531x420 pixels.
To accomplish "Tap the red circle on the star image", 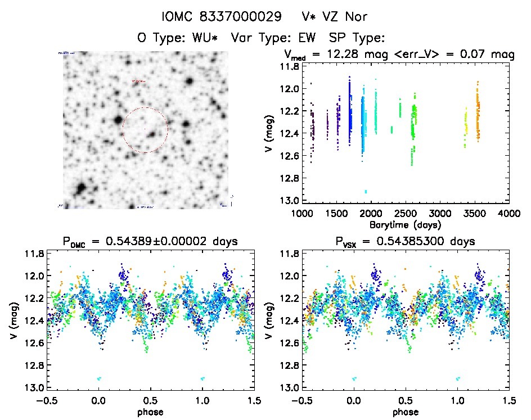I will [x=145, y=130].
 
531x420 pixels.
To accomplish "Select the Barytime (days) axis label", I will [x=405, y=224].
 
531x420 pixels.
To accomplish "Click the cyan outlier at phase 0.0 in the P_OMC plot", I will [x=99, y=378].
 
